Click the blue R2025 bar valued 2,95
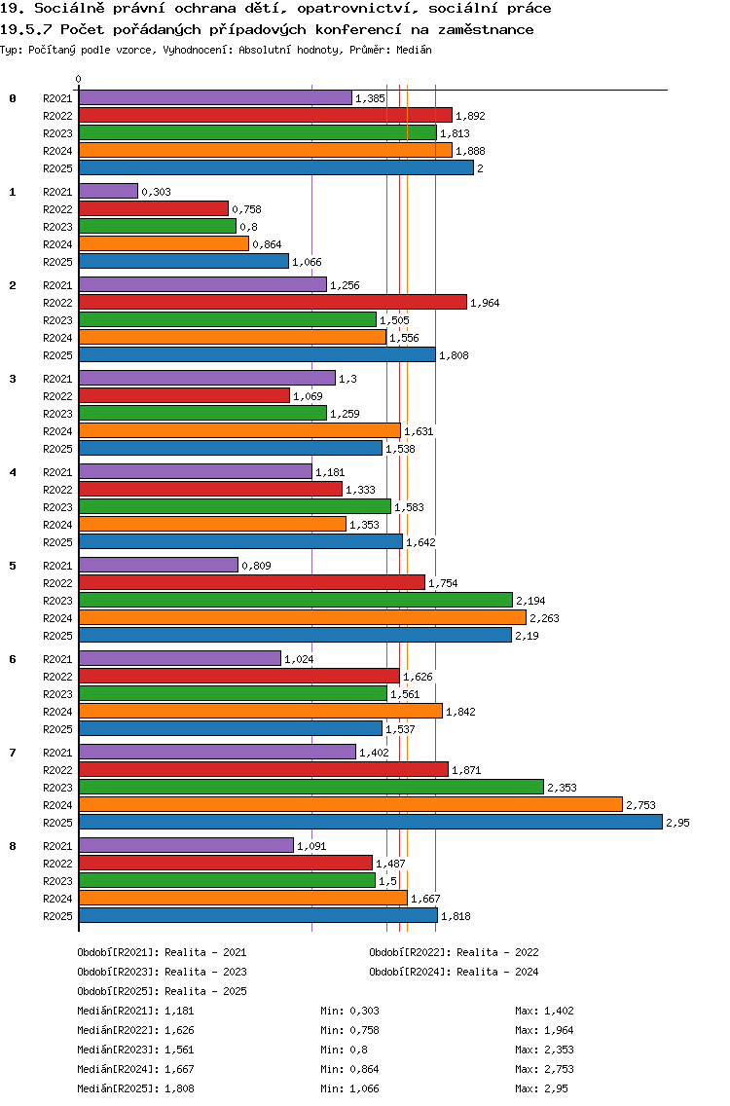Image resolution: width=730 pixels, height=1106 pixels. [x=370, y=822]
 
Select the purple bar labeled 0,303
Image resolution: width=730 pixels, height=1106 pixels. [x=108, y=191]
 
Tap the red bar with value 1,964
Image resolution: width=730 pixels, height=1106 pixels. [x=273, y=302]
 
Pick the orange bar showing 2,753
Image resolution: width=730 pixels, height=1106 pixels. [x=350, y=804]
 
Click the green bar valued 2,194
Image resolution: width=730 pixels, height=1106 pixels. [x=295, y=600]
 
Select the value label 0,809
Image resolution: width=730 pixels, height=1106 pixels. [x=256, y=566]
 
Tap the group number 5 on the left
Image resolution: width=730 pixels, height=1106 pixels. [x=13, y=566]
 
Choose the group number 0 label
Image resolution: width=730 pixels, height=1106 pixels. [x=13, y=98]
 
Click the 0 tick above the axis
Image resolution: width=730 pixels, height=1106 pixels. [x=79, y=80]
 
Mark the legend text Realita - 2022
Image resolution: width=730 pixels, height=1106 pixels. [x=497, y=952]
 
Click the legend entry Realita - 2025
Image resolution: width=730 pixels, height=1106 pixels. [x=205, y=991]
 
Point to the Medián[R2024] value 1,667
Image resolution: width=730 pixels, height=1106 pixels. [x=180, y=1069]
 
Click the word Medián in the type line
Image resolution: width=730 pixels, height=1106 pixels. [x=414, y=49]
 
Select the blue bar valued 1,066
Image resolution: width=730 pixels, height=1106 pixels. [x=184, y=261]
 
